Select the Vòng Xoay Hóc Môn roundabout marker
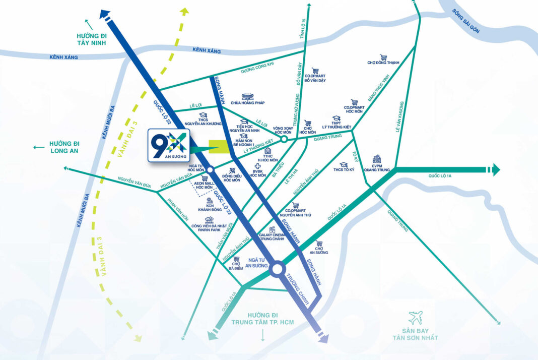coord(284,139)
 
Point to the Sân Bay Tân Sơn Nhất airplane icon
coord(416,318)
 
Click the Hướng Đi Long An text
coord(68,147)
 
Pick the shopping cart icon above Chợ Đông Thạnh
coord(384,57)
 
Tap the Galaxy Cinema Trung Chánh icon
coord(272,229)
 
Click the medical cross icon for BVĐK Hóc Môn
coord(258,166)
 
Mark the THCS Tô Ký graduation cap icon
coord(344,165)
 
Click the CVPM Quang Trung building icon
coord(377,159)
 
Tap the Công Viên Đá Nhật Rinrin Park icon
coord(209,220)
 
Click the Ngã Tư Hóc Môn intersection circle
coord(210,169)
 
